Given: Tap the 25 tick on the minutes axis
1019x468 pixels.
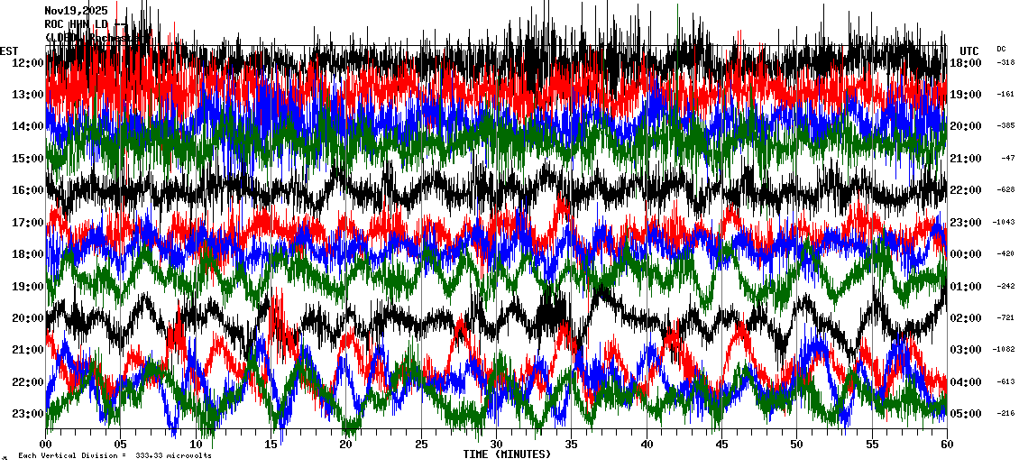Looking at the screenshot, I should click(x=421, y=445).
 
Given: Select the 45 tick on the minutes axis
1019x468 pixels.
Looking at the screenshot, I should click(x=721, y=445).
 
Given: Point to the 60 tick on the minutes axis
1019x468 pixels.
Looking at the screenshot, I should click(x=946, y=445).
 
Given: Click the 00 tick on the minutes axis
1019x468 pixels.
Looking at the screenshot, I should click(x=46, y=445).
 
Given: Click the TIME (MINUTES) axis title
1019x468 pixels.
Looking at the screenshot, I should click(x=507, y=454).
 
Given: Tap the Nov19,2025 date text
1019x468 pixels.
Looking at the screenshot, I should click(x=76, y=11).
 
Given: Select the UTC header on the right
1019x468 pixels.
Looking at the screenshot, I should click(x=969, y=50).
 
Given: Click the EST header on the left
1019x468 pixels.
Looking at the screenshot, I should click(x=9, y=50).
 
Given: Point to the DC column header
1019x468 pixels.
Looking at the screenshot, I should click(x=1001, y=49).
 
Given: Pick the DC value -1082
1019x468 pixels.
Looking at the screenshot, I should click(x=1004, y=350).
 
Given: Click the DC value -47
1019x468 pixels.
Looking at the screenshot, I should click(x=1007, y=159).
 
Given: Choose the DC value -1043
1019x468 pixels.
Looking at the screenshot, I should click(x=1004, y=223).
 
